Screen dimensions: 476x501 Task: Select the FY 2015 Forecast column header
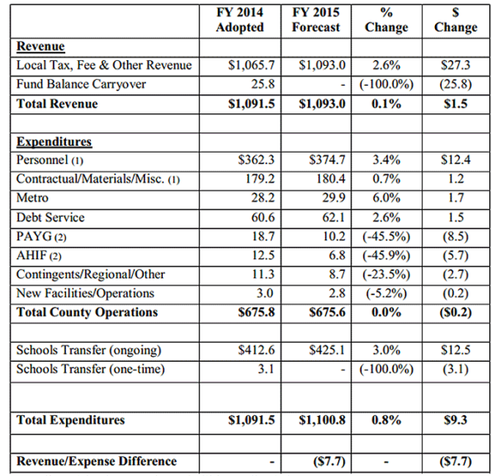(316, 19)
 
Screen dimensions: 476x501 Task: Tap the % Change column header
(386, 19)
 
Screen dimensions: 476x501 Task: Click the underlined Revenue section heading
(41, 47)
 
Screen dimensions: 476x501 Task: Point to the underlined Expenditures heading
(54, 143)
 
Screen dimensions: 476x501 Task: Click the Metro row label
(33, 198)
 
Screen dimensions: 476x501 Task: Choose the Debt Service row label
(50, 218)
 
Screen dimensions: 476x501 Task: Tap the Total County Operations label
(87, 313)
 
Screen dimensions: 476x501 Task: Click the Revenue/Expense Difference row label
(97, 461)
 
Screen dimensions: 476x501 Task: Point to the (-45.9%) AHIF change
(387, 255)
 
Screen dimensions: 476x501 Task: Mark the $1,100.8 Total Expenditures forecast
(316, 420)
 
